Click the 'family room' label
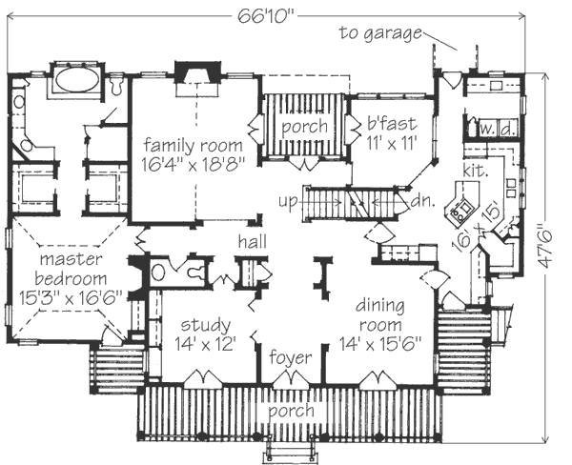click(x=193, y=144)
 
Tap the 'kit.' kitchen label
click(x=477, y=172)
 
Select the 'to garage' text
click(x=380, y=34)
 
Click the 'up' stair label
click(x=290, y=201)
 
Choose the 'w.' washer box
click(x=485, y=127)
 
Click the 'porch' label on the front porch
click(x=291, y=411)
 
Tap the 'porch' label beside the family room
click(x=304, y=126)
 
